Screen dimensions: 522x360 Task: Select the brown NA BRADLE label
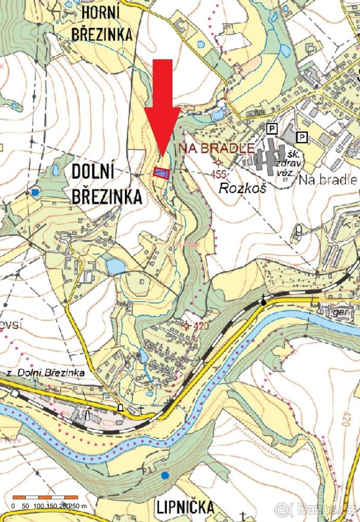point(216,148)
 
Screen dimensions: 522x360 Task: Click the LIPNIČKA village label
point(186,507)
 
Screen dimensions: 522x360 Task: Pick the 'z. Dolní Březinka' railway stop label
point(46,373)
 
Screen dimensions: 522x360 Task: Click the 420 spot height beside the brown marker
point(202,326)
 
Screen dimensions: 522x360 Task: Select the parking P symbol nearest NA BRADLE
point(272,128)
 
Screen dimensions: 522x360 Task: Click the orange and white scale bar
point(45,497)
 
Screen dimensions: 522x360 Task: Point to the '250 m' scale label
point(77,506)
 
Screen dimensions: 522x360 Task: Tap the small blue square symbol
point(35,192)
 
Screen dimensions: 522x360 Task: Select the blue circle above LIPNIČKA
point(165,475)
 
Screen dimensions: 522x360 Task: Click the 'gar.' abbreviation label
point(340,312)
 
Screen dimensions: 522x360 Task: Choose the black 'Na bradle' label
point(328,180)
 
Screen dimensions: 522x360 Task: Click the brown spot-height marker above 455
point(218,162)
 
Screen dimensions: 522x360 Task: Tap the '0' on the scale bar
point(13,506)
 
